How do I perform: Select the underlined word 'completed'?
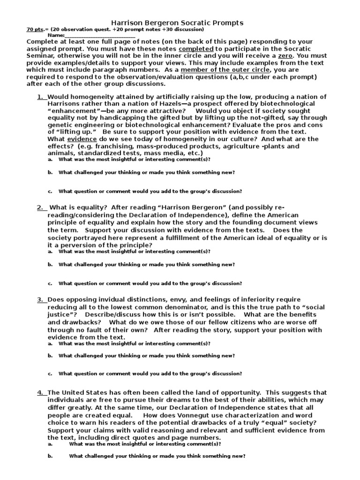(196, 49)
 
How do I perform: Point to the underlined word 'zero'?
(286, 55)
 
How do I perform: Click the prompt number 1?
(40, 97)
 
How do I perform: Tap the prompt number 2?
(40, 208)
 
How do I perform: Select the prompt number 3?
(40, 299)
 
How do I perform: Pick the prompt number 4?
(40, 392)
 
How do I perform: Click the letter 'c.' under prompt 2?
(50, 283)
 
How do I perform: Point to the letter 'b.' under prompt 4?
(50, 456)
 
